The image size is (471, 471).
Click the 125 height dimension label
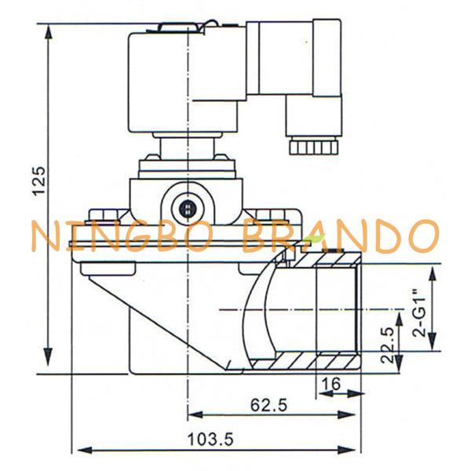pyautogui.click(x=40, y=181)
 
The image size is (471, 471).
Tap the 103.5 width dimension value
pyautogui.click(x=210, y=440)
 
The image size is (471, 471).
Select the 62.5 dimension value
pyautogui.click(x=268, y=405)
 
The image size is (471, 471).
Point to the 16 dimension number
pyautogui.click(x=330, y=384)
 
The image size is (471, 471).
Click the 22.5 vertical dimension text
pyautogui.click(x=387, y=345)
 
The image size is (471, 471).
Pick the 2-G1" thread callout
pyautogui.click(x=420, y=312)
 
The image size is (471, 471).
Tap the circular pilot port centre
pyautogui.click(x=188, y=208)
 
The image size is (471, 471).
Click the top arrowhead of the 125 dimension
pyautogui.click(x=49, y=32)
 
